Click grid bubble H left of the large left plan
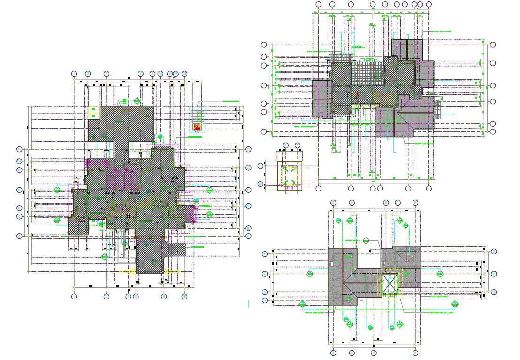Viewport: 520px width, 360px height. pos(19,149)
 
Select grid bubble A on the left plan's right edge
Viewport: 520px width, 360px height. pos(249,236)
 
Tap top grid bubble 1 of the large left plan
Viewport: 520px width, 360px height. pos(74,74)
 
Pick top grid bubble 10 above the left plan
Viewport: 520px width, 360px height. pos(184,74)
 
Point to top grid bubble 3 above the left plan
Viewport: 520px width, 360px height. pos(107,74)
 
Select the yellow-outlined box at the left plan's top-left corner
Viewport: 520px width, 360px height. pos(94,112)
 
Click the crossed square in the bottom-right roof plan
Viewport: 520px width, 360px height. pos(390,283)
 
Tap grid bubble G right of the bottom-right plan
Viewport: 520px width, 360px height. pos(494,253)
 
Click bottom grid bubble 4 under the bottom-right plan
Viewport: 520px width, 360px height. pos(374,352)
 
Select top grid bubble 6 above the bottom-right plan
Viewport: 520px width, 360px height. pos(386,203)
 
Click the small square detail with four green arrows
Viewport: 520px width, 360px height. pos(290,176)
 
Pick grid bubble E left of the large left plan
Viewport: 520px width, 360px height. pos(19,190)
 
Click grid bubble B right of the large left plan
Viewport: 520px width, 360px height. pos(249,228)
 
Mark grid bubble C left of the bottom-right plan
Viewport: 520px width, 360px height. pos(265,292)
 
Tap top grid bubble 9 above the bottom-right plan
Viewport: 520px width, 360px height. pos(416,203)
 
